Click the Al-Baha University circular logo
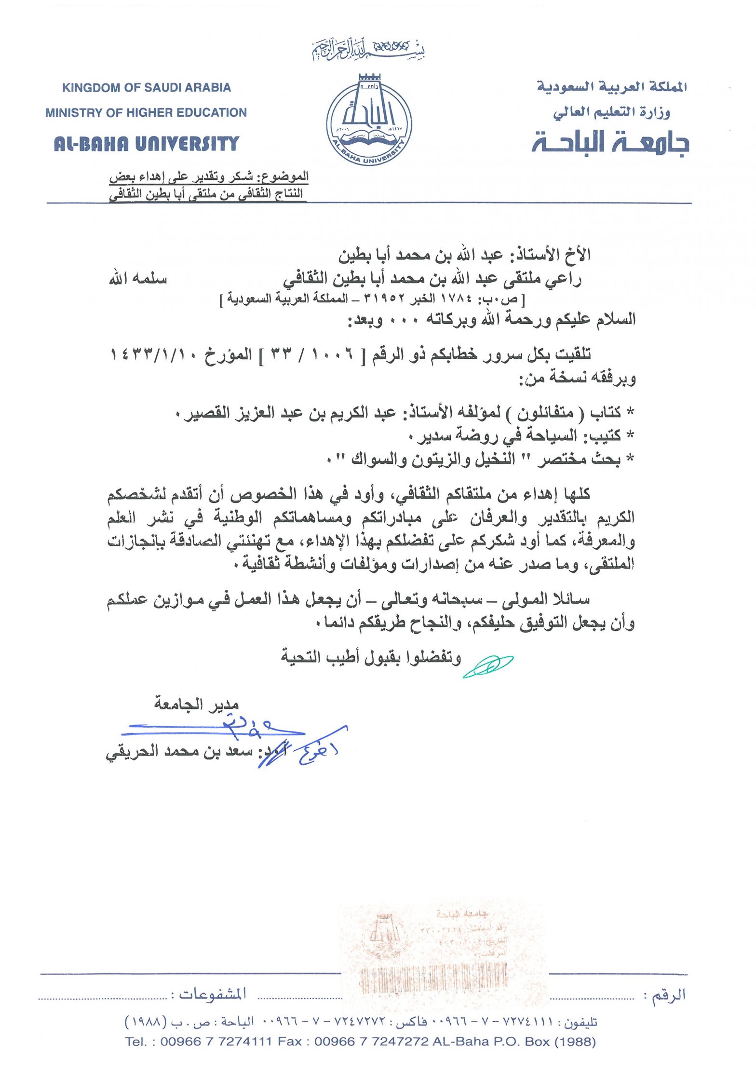pyautogui.click(x=369, y=120)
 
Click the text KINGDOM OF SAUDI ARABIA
pyautogui.click(x=147, y=87)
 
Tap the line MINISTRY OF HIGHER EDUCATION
pyautogui.click(x=146, y=112)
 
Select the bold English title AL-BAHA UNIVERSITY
pyautogui.click(x=147, y=144)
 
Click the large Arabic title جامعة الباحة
pyautogui.click(x=610, y=143)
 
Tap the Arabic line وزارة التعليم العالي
pyautogui.click(x=611, y=112)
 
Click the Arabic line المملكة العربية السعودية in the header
pyautogui.click(x=612, y=87)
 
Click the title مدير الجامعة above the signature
pyautogui.click(x=196, y=704)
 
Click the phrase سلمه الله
pyautogui.click(x=138, y=279)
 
